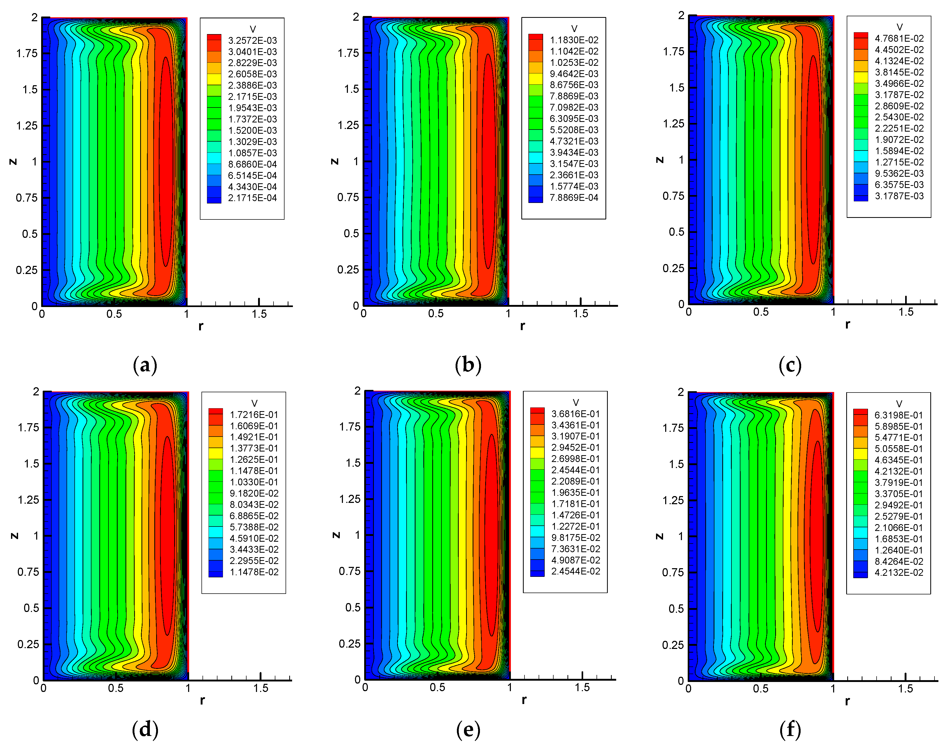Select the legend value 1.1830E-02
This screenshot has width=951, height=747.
(574, 40)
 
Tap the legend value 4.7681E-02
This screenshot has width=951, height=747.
(899, 39)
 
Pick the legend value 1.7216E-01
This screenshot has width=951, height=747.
(254, 415)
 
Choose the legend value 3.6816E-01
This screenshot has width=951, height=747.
(576, 414)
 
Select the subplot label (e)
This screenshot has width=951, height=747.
(468, 729)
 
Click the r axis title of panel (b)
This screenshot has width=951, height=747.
(522, 326)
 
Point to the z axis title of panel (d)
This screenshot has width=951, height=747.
(14, 536)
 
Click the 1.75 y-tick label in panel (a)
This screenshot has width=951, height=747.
(27, 53)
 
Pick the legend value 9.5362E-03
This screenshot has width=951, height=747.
(899, 174)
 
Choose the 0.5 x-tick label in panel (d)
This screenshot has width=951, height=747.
(116, 688)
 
